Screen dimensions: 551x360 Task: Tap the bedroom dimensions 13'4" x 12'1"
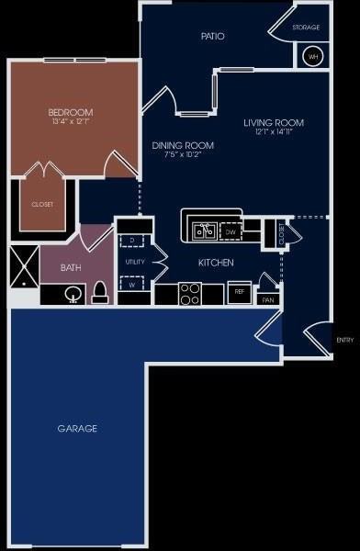(x=72, y=122)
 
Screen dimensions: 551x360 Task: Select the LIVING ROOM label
(x=273, y=122)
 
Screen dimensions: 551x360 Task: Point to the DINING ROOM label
(x=183, y=145)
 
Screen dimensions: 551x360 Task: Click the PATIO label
(x=213, y=37)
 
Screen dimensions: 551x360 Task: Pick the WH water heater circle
(x=312, y=56)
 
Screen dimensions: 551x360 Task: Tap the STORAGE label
(x=306, y=28)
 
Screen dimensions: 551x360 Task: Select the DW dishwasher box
(x=231, y=232)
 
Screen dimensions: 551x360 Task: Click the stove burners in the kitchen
(x=190, y=294)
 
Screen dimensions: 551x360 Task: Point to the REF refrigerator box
(x=238, y=292)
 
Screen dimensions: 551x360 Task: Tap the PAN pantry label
(x=267, y=299)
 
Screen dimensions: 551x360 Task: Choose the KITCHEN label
(x=216, y=264)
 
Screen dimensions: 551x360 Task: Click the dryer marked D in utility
(x=133, y=242)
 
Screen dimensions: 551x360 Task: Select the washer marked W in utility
(x=133, y=284)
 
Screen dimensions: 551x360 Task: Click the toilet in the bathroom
(x=100, y=293)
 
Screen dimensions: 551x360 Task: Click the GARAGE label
(x=77, y=428)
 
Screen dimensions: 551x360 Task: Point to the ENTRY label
(x=344, y=340)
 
